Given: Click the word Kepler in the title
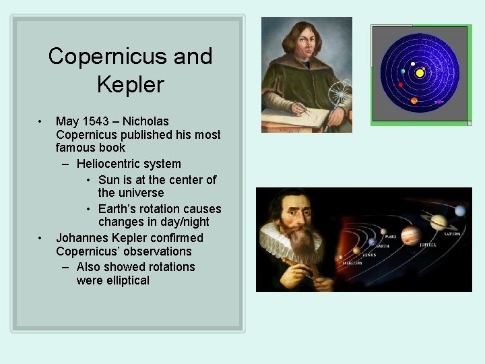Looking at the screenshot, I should [x=130, y=84].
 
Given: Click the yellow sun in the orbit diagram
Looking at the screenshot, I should [x=420, y=72].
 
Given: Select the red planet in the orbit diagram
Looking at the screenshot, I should [x=401, y=85].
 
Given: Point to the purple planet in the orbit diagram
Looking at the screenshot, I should [x=439, y=101].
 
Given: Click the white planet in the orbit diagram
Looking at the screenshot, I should [x=413, y=64].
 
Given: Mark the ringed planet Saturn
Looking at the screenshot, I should [x=439, y=222].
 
